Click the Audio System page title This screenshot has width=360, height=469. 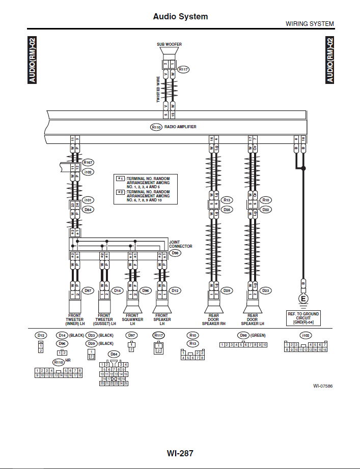click(180, 17)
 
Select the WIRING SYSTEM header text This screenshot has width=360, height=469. click(310, 24)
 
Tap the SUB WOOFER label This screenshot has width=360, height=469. click(169, 44)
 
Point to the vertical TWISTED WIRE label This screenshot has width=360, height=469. click(158, 90)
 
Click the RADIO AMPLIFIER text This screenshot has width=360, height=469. click(180, 127)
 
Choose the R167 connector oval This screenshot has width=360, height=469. click(88, 163)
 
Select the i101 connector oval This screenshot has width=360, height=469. click(88, 200)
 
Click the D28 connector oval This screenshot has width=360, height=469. click(227, 210)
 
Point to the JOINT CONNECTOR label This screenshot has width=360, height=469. click(181, 244)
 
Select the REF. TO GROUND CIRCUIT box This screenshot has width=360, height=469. click(303, 318)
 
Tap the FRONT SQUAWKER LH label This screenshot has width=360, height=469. click(132, 319)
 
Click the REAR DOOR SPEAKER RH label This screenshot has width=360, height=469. click(214, 319)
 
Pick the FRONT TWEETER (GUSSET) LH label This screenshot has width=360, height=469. click(104, 319)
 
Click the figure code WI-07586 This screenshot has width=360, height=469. click(323, 386)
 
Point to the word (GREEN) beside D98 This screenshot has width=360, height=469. click(258, 335)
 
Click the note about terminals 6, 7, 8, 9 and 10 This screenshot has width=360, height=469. click(148, 196)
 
